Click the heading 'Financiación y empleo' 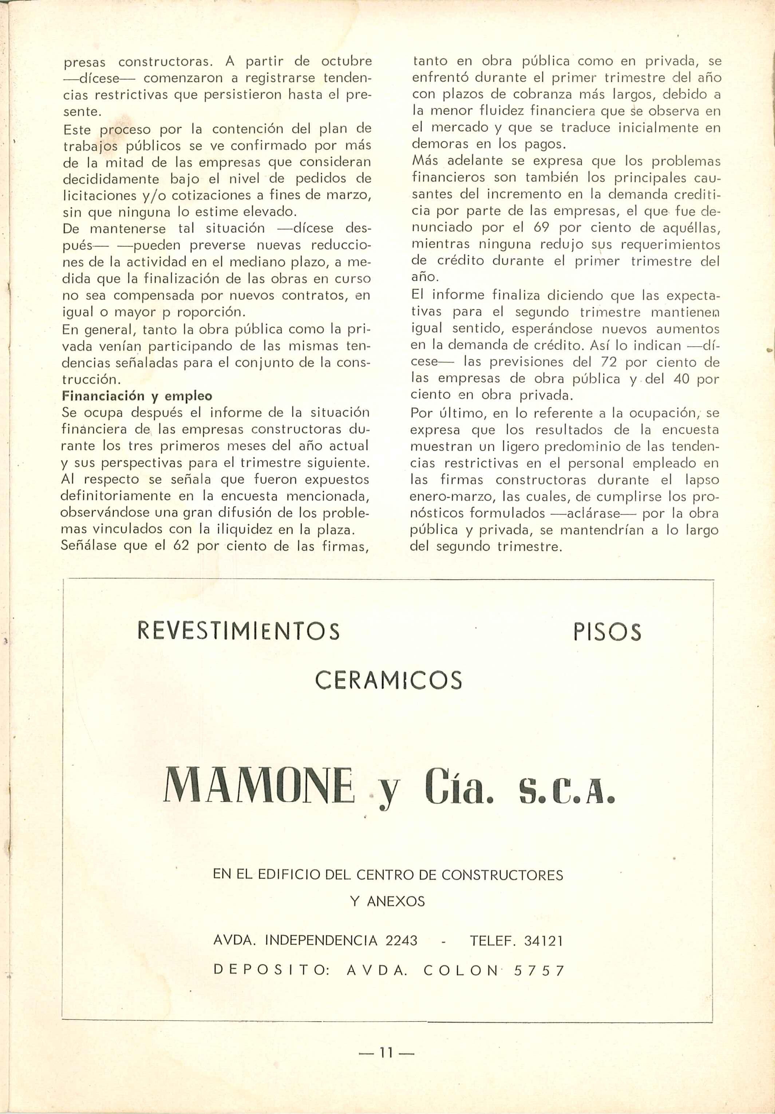[x=137, y=396]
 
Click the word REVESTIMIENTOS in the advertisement [x=239, y=631]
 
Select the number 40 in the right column [x=681, y=379]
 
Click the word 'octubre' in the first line [x=347, y=62]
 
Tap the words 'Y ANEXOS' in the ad [x=387, y=901]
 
